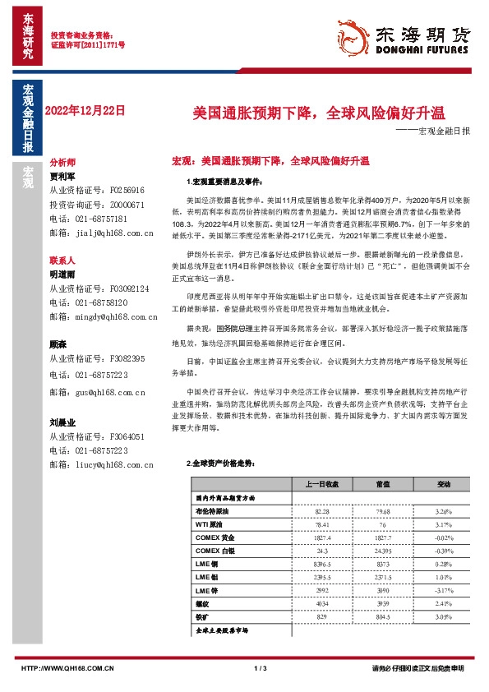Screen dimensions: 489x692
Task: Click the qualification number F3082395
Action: click(127, 359)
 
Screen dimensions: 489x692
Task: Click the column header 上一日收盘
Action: click(321, 485)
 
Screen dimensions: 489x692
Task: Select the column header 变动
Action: click(443, 485)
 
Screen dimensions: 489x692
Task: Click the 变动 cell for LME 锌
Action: click(443, 590)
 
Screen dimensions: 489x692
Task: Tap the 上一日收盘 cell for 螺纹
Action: click(321, 603)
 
